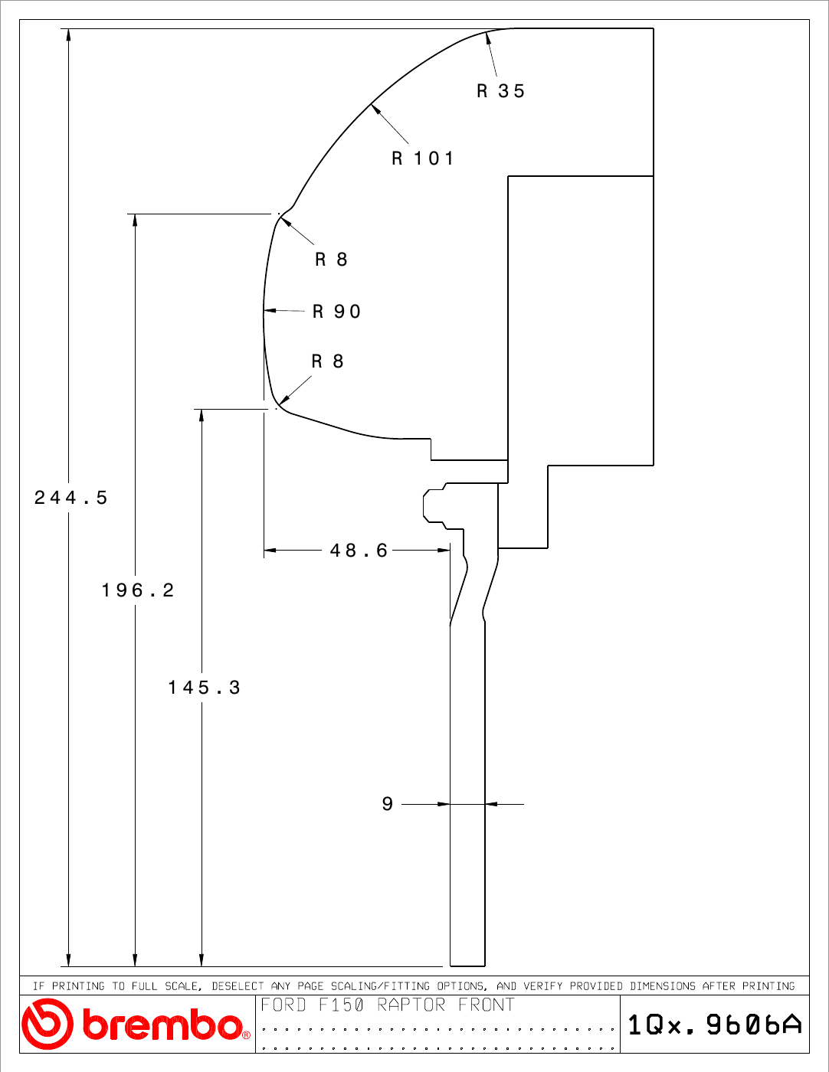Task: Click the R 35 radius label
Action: pos(500,91)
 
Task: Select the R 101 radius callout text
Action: pos(423,159)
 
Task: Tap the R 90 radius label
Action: pos(337,312)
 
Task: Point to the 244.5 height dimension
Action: pos(70,497)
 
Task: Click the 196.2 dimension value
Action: pos(138,590)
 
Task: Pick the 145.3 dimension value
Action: pos(205,687)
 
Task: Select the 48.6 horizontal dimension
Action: pos(359,551)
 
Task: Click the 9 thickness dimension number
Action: pos(388,804)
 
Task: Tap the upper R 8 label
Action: pos(332,260)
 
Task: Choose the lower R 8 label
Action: pos(328,361)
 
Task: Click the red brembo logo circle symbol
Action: pos(48,1024)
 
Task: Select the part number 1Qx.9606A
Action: pos(715,1025)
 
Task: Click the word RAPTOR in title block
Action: pos(411,1005)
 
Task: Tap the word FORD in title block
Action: pos(283,1005)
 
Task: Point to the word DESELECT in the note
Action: pos(238,985)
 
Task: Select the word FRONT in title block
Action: pos(487,1005)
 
